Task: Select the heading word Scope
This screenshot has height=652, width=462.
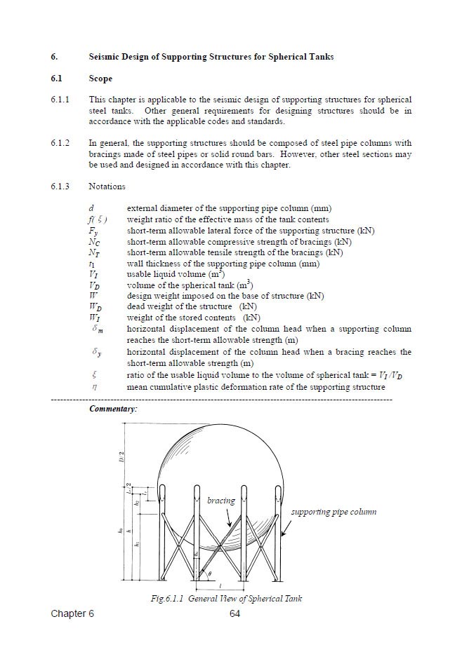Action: (x=100, y=79)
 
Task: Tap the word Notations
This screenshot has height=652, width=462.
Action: (x=107, y=186)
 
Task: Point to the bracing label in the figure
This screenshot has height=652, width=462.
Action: (x=221, y=501)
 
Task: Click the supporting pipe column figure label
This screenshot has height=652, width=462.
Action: (x=334, y=512)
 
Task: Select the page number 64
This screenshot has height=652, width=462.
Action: (x=235, y=614)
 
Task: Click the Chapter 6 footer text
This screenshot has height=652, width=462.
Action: (x=72, y=614)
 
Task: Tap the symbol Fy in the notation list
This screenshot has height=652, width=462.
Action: (x=93, y=231)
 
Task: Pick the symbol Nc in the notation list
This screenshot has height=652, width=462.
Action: (x=94, y=242)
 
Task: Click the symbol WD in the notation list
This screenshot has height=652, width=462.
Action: (x=95, y=306)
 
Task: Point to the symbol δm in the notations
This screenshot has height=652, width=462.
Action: (x=97, y=329)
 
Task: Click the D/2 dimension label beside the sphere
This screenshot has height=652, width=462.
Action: (x=121, y=456)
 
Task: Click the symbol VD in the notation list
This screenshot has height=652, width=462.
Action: (x=94, y=285)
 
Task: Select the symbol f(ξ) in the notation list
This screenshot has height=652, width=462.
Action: (x=97, y=219)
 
